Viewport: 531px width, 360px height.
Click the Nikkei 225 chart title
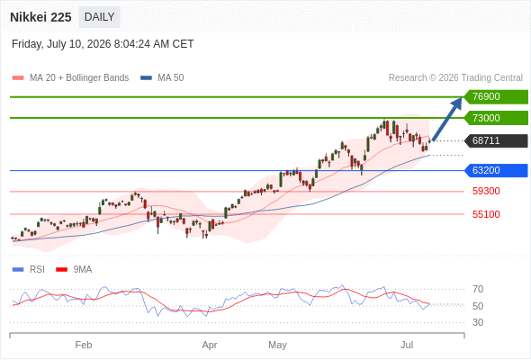click(40, 17)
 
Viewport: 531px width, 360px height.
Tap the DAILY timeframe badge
click(99, 17)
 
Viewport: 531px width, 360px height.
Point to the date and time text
click(103, 44)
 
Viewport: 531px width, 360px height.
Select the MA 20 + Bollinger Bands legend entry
click(70, 78)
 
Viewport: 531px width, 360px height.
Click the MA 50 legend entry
click(162, 78)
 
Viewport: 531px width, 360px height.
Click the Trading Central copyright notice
click(455, 78)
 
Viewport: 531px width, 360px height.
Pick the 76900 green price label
click(496, 97)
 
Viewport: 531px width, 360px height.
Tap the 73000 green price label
click(496, 118)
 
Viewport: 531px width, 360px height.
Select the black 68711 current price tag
click(496, 141)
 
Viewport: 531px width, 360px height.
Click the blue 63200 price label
click(496, 170)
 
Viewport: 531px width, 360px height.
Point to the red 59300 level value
click(486, 192)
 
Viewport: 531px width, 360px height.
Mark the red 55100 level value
click(486, 214)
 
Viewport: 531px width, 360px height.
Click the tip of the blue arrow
click(461, 98)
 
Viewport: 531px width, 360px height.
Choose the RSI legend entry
click(29, 270)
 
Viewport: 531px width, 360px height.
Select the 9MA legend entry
click(74, 270)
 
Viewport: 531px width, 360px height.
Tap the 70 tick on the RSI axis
click(478, 289)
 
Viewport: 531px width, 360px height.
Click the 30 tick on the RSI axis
click(478, 322)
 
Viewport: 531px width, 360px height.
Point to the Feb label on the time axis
click(84, 345)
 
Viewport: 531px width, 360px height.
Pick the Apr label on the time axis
click(210, 345)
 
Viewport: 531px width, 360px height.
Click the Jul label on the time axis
click(407, 345)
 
